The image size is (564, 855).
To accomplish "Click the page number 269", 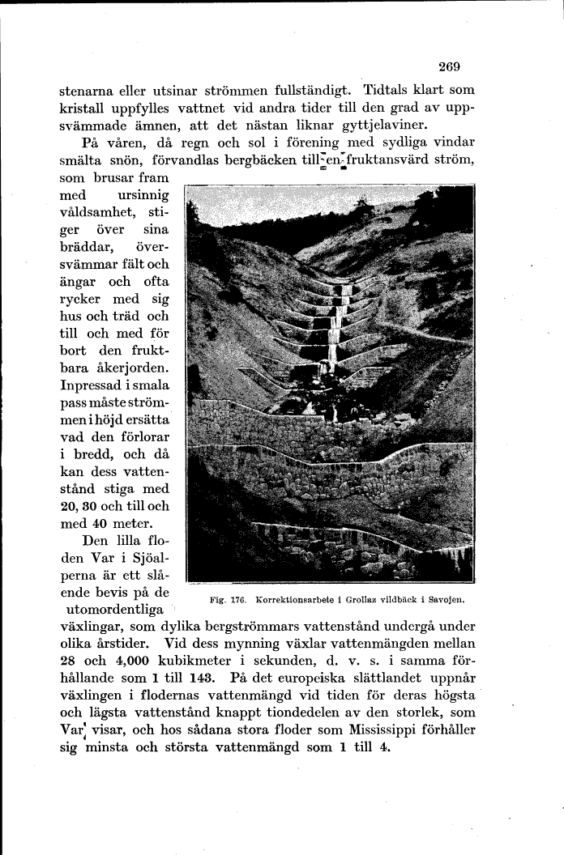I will click(x=448, y=66).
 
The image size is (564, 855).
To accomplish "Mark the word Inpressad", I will click(x=95, y=387).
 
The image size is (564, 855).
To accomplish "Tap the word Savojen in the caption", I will click(x=454, y=602).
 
